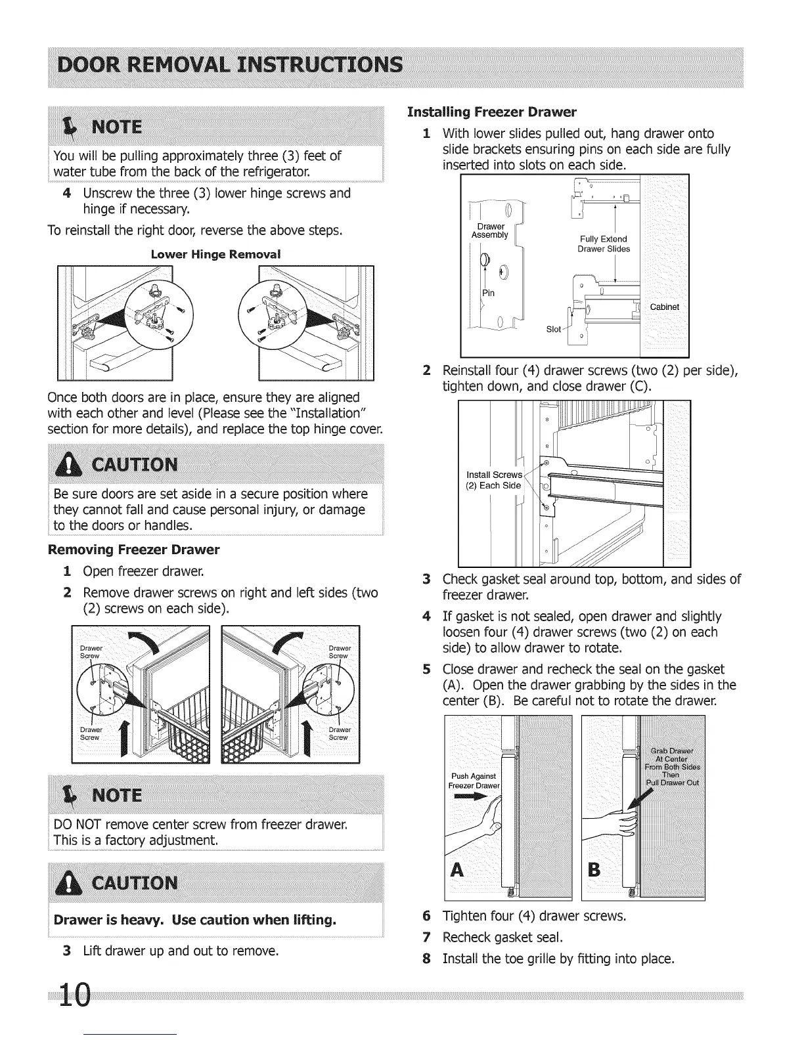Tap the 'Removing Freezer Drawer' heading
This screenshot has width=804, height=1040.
click(134, 549)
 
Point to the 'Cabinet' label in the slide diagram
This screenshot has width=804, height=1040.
click(664, 307)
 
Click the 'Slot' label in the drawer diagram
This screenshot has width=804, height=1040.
click(554, 329)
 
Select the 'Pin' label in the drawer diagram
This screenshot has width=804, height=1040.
click(489, 292)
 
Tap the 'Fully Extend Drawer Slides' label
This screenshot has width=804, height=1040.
click(603, 244)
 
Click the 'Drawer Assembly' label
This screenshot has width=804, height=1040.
click(490, 230)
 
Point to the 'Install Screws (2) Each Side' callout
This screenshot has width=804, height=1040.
click(493, 480)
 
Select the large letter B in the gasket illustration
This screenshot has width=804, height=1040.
click(594, 870)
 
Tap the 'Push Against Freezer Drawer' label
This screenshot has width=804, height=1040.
click(474, 781)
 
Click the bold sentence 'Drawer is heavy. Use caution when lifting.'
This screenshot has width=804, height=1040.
click(195, 920)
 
